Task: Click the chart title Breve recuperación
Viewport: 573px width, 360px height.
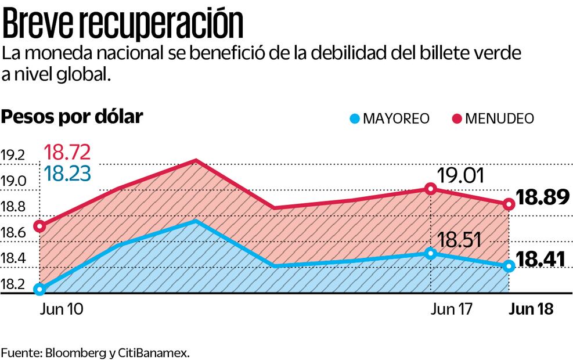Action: [x=122, y=24]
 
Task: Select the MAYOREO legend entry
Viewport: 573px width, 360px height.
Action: [x=390, y=118]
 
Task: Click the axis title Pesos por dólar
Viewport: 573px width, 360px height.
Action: [x=72, y=117]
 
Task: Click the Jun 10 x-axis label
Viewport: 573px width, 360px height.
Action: [x=62, y=309]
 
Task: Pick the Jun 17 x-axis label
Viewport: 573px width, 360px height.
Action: [x=452, y=309]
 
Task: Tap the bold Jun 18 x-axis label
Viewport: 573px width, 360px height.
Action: [x=531, y=309]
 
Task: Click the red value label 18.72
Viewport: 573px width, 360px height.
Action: [x=67, y=153]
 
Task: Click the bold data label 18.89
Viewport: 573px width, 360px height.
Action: [x=543, y=198]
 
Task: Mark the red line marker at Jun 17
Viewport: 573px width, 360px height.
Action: [x=430, y=189]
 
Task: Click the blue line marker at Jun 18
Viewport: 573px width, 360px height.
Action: [x=509, y=266]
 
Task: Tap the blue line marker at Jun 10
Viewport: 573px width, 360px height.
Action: [x=39, y=289]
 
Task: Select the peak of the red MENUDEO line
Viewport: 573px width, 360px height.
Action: [x=196, y=161]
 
